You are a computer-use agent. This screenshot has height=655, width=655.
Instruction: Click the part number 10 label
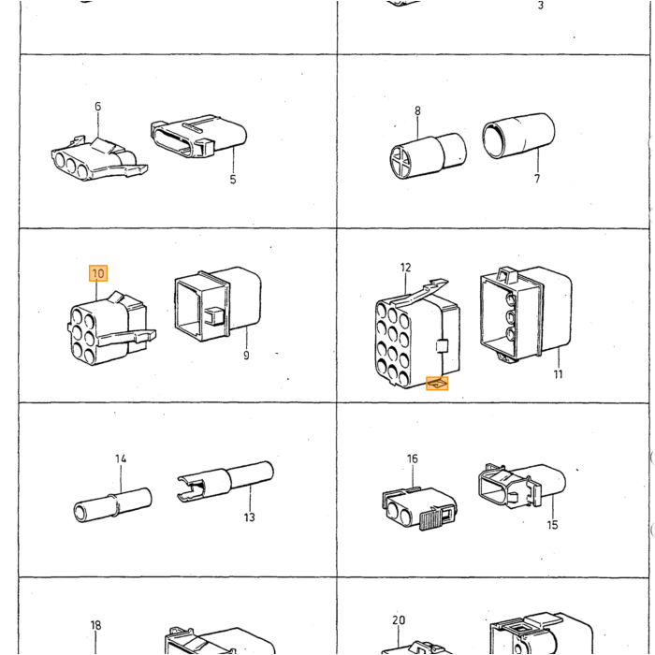pyautogui.click(x=98, y=273)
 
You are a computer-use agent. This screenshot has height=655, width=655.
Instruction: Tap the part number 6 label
pyautogui.click(x=97, y=107)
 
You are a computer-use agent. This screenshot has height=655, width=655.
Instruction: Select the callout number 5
pyautogui.click(x=233, y=180)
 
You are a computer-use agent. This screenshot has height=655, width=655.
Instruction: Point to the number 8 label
pyautogui.click(x=417, y=111)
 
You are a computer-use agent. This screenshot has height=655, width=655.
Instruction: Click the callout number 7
pyautogui.click(x=537, y=179)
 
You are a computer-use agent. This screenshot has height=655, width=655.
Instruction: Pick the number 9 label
pyautogui.click(x=246, y=356)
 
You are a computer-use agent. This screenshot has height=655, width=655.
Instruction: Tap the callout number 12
pyautogui.click(x=405, y=268)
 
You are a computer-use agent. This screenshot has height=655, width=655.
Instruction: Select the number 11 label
pyautogui.click(x=558, y=374)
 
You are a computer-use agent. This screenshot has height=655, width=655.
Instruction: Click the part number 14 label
pyautogui.click(x=121, y=458)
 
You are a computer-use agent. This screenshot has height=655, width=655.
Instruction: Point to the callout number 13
pyautogui.click(x=250, y=517)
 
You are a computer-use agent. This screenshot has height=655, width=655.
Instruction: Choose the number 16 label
pyautogui.click(x=413, y=458)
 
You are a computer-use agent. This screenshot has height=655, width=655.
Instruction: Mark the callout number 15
pyautogui.click(x=552, y=525)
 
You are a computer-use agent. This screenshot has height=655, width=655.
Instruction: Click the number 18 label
pyautogui.click(x=95, y=625)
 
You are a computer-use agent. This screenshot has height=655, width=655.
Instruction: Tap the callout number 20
pyautogui.click(x=399, y=619)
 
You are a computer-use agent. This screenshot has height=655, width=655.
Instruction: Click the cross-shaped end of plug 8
pyautogui.click(x=400, y=160)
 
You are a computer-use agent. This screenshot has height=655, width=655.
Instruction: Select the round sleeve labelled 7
pyautogui.click(x=518, y=136)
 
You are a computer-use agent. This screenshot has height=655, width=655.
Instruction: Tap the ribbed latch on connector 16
pyautogui.click(x=430, y=518)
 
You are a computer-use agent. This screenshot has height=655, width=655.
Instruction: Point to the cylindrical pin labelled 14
pyautogui.click(x=112, y=505)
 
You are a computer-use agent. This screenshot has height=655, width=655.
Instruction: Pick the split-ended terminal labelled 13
pyautogui.click(x=226, y=481)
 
